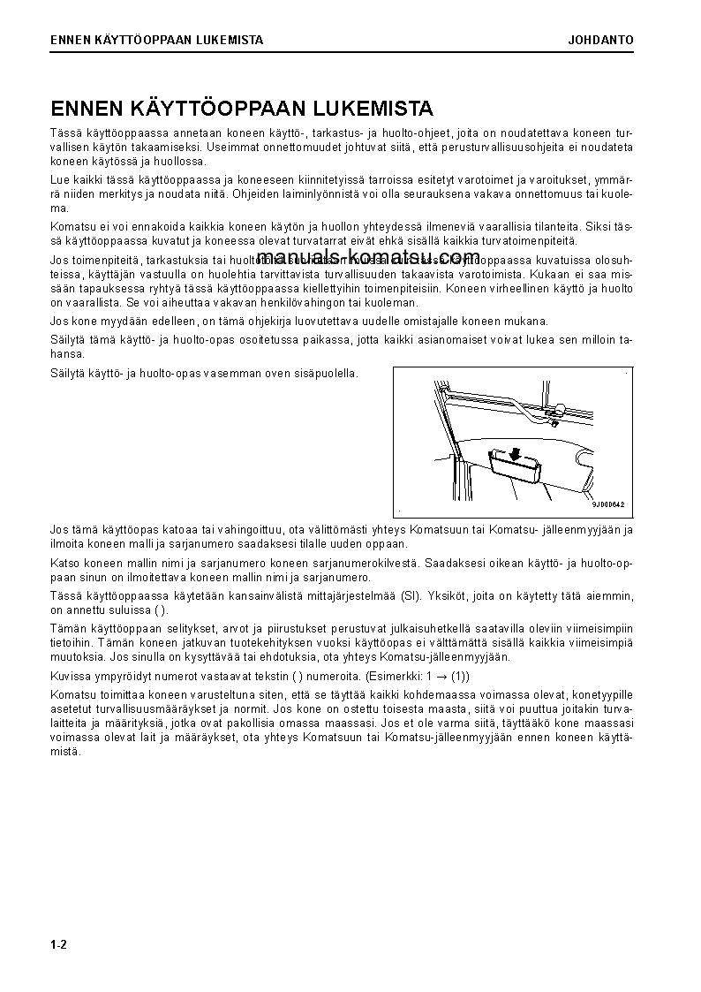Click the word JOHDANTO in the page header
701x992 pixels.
tap(600, 40)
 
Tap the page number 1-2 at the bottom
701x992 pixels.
tap(59, 945)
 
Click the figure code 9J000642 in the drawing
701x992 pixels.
tap(608, 504)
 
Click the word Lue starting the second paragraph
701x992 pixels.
tap(60, 178)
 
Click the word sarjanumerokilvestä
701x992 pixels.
tap(358, 562)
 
